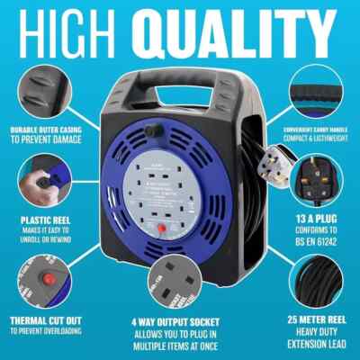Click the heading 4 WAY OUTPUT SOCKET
pos(181,320)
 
